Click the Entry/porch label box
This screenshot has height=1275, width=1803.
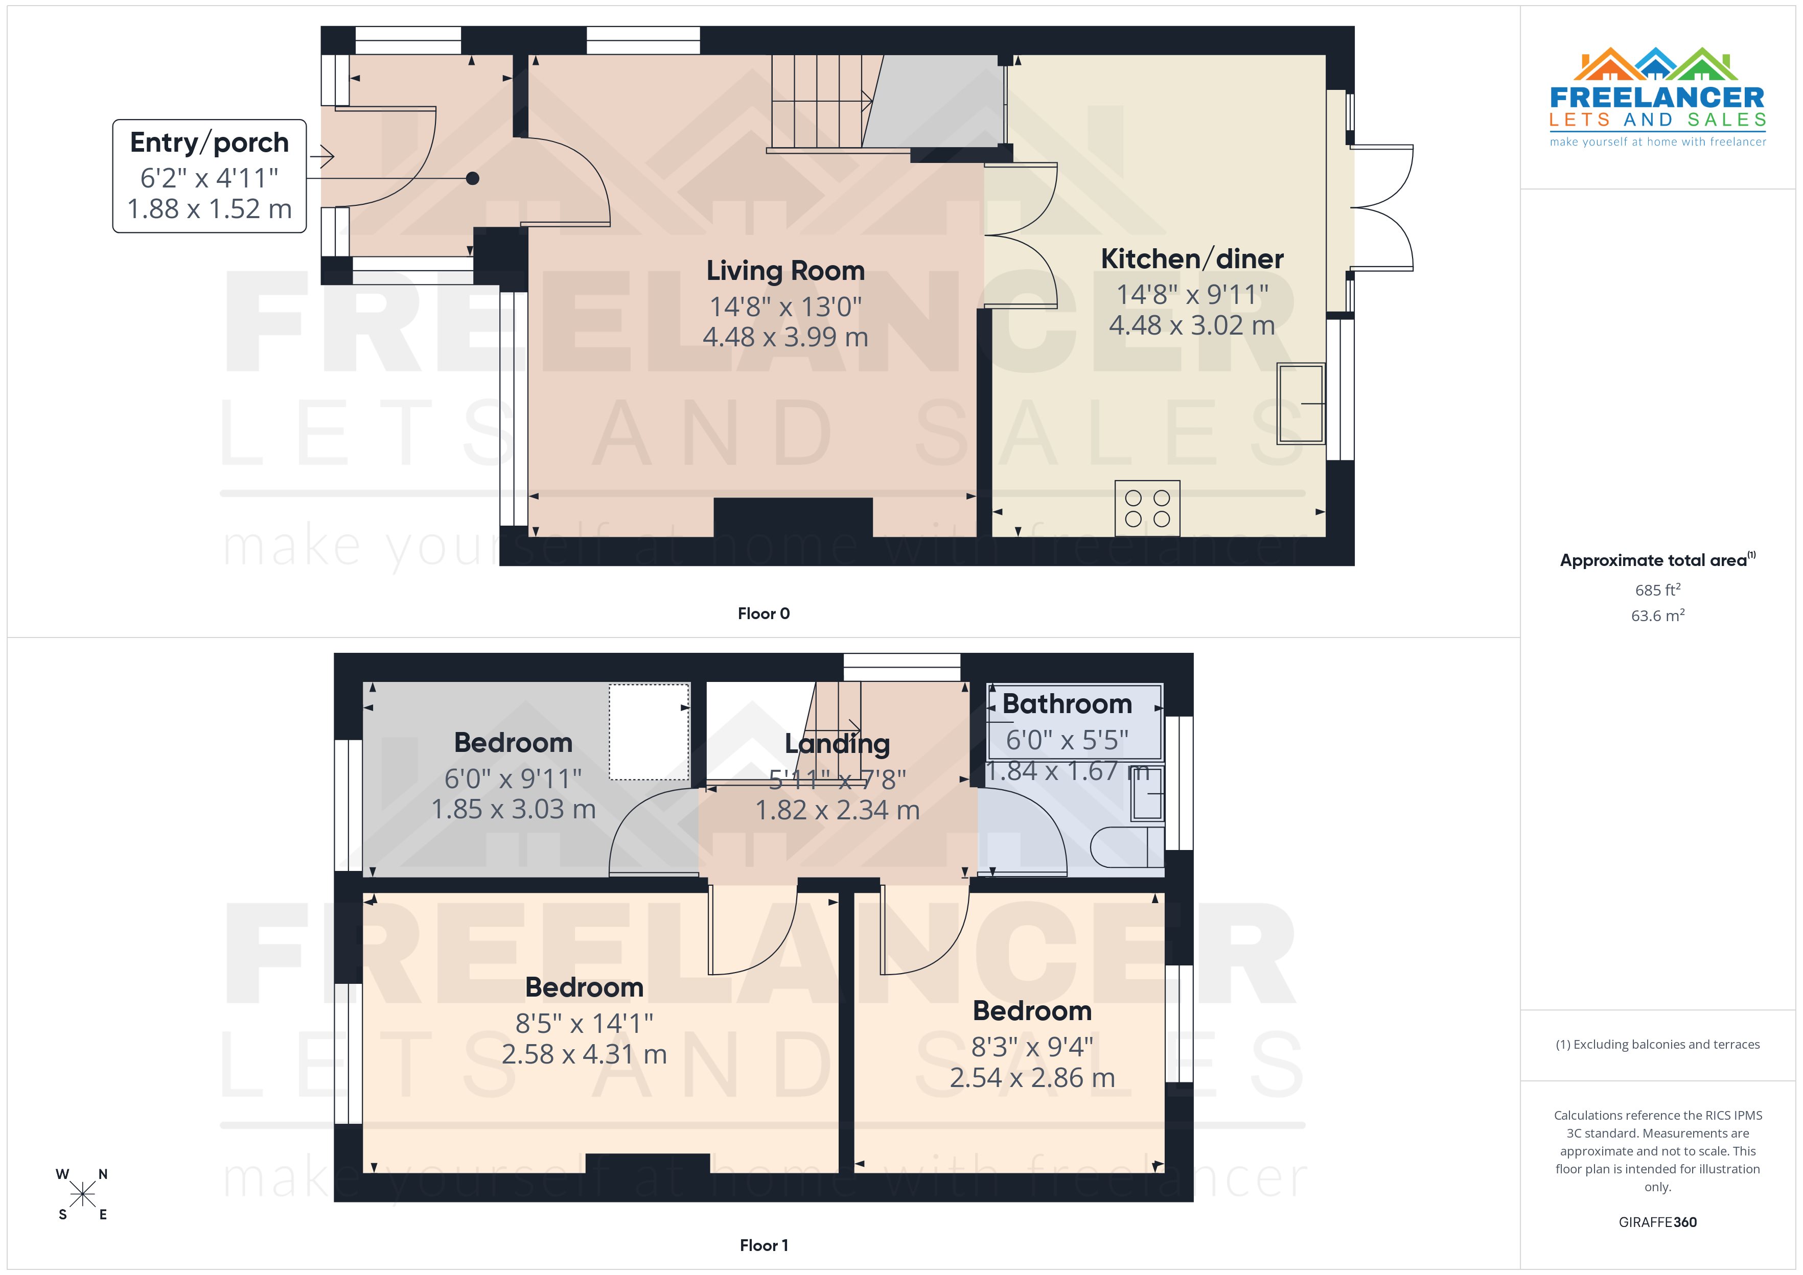(x=209, y=176)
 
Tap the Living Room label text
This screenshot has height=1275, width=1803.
(x=785, y=271)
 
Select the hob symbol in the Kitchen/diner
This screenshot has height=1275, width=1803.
(x=1147, y=508)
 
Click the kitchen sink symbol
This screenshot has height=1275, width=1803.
(x=1301, y=403)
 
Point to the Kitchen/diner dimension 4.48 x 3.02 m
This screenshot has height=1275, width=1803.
(x=1191, y=325)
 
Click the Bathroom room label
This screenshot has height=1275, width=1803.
(x=1067, y=704)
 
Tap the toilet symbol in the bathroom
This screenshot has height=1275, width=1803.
(x=1127, y=846)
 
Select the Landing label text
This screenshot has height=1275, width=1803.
(x=837, y=743)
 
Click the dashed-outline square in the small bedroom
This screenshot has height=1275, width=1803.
(x=649, y=731)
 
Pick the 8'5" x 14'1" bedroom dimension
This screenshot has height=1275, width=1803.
(x=584, y=1023)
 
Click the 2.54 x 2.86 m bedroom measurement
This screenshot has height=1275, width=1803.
(x=1032, y=1078)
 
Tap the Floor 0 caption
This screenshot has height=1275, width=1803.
(x=764, y=614)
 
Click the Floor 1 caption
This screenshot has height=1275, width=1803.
(x=764, y=1245)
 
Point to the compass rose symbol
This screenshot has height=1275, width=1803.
(x=82, y=1195)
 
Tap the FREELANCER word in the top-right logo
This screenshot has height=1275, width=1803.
(x=1657, y=98)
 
